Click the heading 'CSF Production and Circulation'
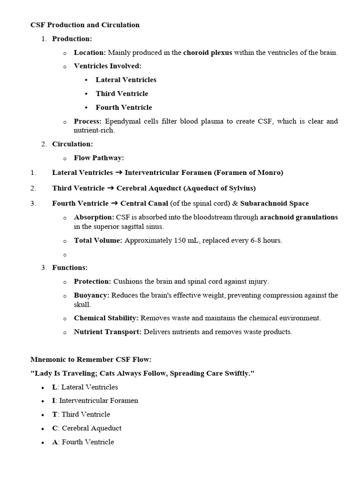point(85,25)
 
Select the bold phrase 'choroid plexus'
point(207,52)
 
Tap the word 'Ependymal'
point(120,121)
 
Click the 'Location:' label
point(90,52)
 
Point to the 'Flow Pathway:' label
point(99,158)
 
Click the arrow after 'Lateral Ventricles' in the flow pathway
point(119,172)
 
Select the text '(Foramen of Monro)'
point(248,172)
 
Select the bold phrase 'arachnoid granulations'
point(299,217)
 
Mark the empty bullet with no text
point(65,255)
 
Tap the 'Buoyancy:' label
point(91,295)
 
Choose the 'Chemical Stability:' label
point(106,318)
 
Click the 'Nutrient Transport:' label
point(107,332)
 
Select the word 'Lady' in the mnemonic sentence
point(41,373)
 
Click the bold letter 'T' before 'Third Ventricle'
point(54,414)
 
